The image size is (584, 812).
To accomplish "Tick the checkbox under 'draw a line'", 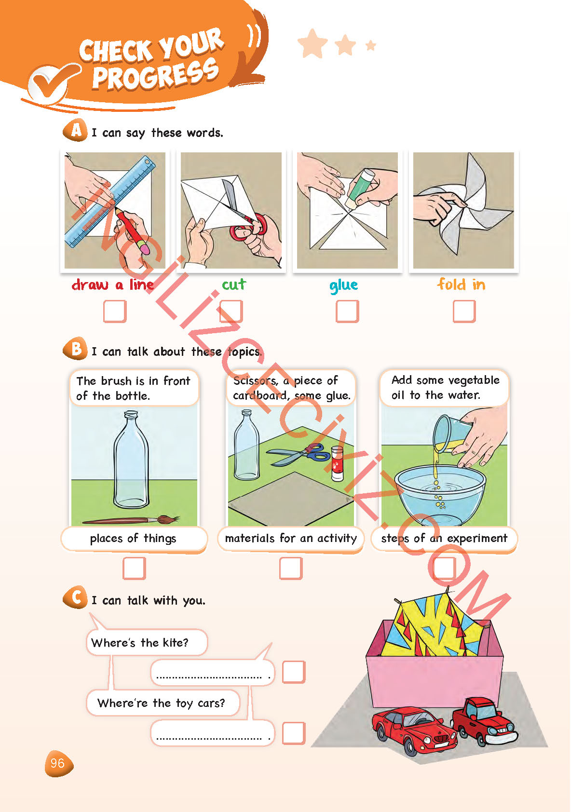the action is (x=115, y=311).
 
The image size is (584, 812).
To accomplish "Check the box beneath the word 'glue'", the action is (x=347, y=311).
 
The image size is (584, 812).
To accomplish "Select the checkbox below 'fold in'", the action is (x=464, y=311).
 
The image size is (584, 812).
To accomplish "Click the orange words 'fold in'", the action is (x=461, y=284).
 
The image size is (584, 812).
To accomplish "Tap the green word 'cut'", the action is (x=234, y=284).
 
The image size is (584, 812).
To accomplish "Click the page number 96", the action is (x=57, y=763).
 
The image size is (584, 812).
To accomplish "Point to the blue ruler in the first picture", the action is (x=110, y=202).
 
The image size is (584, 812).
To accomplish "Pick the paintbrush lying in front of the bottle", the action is (x=131, y=520).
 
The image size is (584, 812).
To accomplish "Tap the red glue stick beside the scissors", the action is (x=337, y=464).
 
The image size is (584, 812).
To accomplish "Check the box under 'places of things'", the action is (x=134, y=568).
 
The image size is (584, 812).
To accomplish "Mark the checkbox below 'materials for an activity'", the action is (x=291, y=568).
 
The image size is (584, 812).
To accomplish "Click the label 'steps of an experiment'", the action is (x=444, y=538).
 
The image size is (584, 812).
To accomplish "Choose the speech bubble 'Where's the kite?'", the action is (x=147, y=642).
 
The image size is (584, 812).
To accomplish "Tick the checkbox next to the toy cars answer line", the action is (x=294, y=733).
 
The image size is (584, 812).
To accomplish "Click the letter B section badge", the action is (x=75, y=348).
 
